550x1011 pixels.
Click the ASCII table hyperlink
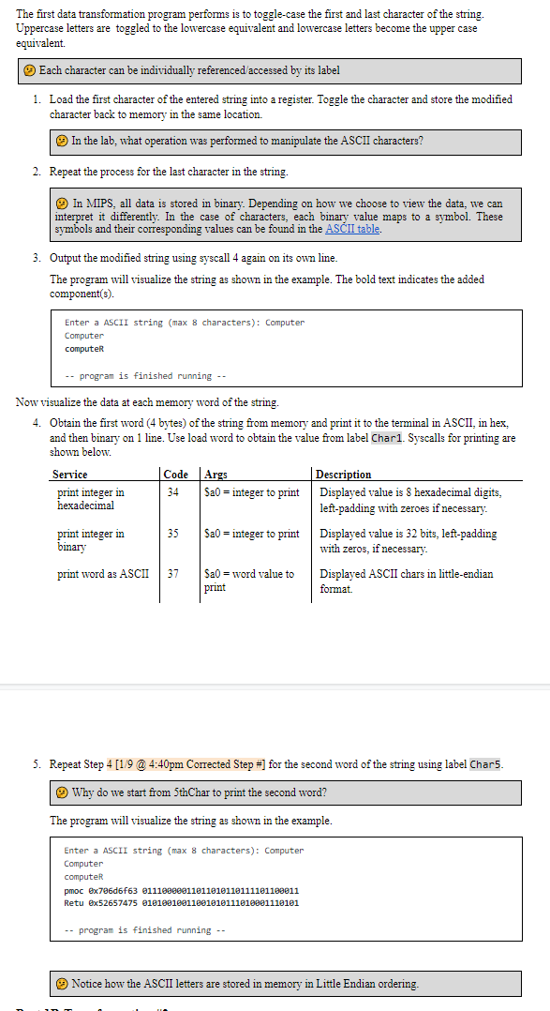(352, 229)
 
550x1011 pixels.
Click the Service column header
(70, 475)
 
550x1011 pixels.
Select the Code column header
(175, 475)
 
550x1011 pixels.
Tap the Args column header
(216, 475)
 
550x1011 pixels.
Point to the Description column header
(344, 475)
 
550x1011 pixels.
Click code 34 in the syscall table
(173, 492)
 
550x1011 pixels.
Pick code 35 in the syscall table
(173, 534)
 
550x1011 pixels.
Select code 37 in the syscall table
(173, 574)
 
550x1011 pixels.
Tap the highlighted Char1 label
(388, 438)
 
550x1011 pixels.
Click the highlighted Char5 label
(485, 764)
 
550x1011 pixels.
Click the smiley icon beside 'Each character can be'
(31, 70)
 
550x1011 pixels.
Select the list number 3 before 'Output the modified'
(36, 258)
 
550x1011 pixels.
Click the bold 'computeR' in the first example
(84, 349)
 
